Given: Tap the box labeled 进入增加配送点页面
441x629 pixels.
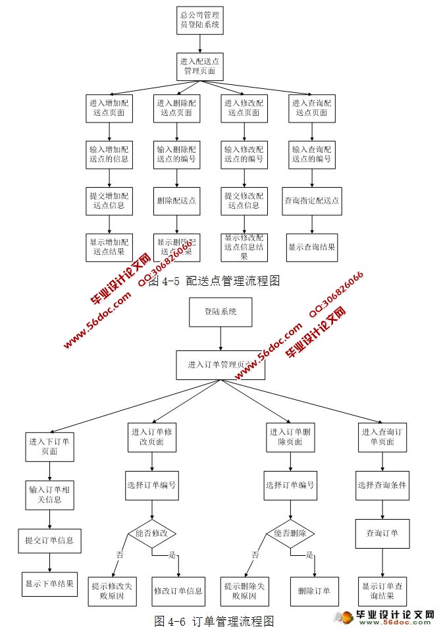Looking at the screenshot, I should pyautogui.click(x=109, y=108).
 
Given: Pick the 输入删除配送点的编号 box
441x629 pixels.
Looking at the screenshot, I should pyautogui.click(x=177, y=154).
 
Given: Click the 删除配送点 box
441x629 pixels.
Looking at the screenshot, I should pyautogui.click(x=177, y=200).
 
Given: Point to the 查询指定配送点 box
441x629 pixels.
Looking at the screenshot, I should pyautogui.click(x=312, y=200).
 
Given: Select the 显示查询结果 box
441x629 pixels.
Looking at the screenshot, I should pyautogui.click(x=312, y=248).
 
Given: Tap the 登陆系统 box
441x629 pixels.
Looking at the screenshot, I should pyautogui.click(x=220, y=312).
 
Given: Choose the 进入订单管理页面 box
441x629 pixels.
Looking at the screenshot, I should pyautogui.click(x=220, y=364).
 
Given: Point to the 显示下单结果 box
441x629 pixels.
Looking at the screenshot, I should pyautogui.click(x=50, y=583).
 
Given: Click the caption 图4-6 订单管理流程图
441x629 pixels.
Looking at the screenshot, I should pyautogui.click(x=214, y=620).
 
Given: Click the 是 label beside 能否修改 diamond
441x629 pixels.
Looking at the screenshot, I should pyautogui.click(x=173, y=555).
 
